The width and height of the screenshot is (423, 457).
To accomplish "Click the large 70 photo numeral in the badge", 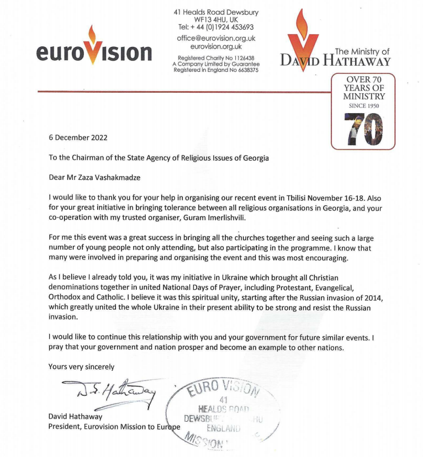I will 363,127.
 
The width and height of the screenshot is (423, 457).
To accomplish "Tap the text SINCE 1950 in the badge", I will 363,105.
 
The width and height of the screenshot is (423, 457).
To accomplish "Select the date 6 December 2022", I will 78,137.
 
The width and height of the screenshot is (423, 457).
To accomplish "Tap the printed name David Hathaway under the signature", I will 74,417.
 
